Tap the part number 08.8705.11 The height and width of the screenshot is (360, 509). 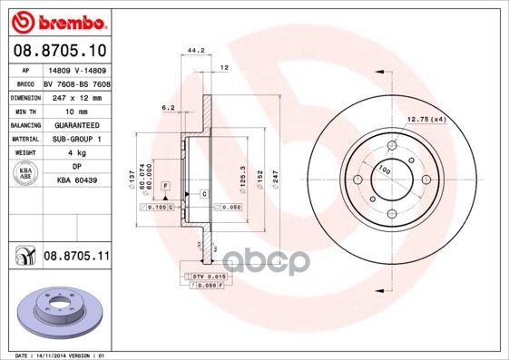click(77, 258)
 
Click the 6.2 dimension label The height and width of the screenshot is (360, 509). click(169, 108)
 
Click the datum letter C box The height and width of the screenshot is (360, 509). click(205, 194)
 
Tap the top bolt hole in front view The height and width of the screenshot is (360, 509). click(392, 145)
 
